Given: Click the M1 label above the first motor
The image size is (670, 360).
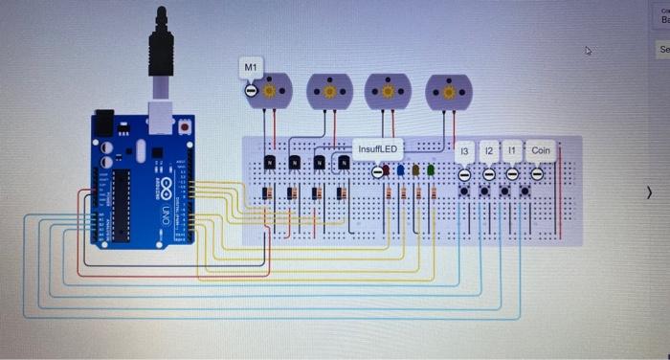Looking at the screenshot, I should click(250, 67).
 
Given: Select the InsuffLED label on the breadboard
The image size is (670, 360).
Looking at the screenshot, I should click(378, 149).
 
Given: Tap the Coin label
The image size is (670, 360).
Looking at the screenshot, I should click(541, 150).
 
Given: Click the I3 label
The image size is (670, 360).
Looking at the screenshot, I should click(464, 151).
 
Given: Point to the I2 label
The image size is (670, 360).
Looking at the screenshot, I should click(488, 151).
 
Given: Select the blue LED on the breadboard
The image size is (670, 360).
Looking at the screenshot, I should click(401, 170).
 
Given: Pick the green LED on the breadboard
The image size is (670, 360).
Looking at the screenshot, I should click(431, 170).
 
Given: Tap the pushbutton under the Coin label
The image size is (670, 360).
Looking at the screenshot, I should click(525, 191).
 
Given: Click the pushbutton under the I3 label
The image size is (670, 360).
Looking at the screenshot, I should click(464, 191).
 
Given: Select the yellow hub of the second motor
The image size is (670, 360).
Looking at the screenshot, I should click(330, 92).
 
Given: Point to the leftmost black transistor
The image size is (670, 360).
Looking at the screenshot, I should click(271, 163).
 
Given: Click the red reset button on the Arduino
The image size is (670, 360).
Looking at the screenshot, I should click(184, 125).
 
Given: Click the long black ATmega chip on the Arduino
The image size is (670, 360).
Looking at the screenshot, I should click(121, 206).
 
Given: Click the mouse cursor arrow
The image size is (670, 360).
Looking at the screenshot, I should click(589, 52).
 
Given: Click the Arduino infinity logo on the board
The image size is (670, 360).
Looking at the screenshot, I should click(163, 186).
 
